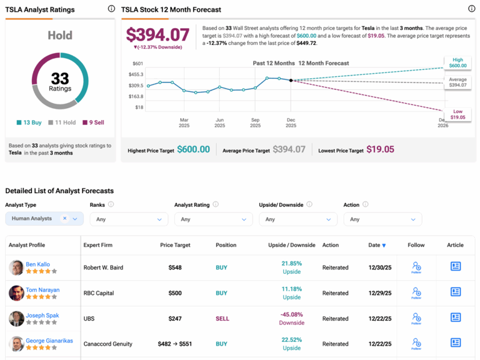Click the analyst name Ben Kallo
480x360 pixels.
pyautogui.click(x=39, y=264)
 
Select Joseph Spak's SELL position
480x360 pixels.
pyautogui.click(x=222, y=319)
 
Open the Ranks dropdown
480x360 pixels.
pyautogui.click(x=129, y=219)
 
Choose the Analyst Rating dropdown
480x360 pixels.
pyautogui.click(x=213, y=219)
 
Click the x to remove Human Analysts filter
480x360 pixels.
pyautogui.click(x=64, y=219)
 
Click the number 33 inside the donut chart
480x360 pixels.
pyautogui.click(x=60, y=78)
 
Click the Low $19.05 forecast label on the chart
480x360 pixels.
pyautogui.click(x=457, y=114)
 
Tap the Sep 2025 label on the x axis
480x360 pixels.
pyautogui.click(x=255, y=122)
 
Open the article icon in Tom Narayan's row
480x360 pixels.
pyautogui.click(x=455, y=292)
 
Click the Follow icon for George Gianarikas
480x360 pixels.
pyautogui.click(x=416, y=343)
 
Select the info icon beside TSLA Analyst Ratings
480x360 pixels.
pyautogui.click(x=111, y=9)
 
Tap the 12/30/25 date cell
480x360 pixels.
pyautogui.click(x=379, y=267)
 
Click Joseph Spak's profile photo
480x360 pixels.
pyautogui.click(x=16, y=319)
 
